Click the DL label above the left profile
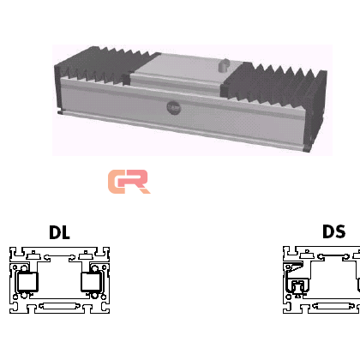click(x=59, y=232)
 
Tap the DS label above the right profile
click(x=333, y=231)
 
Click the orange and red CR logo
click(x=129, y=182)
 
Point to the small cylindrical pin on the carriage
click(x=223, y=65)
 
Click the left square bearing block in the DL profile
click(x=27, y=282)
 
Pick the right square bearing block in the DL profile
click(x=91, y=282)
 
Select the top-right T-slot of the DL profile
click(x=100, y=253)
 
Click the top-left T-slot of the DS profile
click(x=291, y=253)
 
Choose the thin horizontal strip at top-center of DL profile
click(x=59, y=255)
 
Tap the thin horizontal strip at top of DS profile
click(x=333, y=255)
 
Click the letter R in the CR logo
click(x=136, y=182)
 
